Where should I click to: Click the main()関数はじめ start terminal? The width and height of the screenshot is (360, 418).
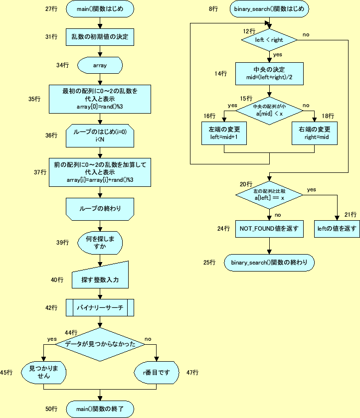(100, 9)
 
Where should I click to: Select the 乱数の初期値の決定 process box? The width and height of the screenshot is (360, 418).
(100, 36)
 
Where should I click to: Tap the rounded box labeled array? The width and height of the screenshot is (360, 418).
(100, 65)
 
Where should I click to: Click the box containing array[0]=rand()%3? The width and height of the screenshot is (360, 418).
(100, 99)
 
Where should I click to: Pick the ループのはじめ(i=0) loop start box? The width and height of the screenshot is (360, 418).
(100, 135)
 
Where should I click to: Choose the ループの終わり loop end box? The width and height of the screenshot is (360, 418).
(100, 208)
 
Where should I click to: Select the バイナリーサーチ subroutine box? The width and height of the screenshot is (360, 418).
(100, 308)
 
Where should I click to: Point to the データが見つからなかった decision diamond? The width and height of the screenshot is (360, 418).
(100, 344)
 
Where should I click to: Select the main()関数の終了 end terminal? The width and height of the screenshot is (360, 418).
(100, 409)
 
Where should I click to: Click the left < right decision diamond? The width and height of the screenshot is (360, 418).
(269, 39)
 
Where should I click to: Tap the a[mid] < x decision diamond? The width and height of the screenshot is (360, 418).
(269, 111)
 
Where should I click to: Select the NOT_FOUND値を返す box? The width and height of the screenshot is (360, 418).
(269, 229)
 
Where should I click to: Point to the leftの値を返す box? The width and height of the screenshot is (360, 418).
(337, 229)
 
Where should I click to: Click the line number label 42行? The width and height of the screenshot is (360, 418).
(51, 308)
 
